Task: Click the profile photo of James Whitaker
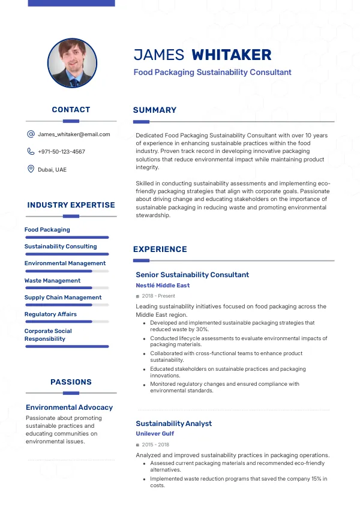coord(72,64)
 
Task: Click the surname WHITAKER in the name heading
coord(231,55)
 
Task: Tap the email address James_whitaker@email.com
coord(74,134)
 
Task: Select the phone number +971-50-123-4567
coord(61,152)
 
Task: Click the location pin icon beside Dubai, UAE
coord(31,169)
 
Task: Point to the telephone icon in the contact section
coord(31,152)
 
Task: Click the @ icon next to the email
coord(31,134)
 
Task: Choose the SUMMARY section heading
coord(155,110)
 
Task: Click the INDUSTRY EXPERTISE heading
coord(71,205)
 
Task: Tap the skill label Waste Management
coord(52,281)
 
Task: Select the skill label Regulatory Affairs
coord(50,314)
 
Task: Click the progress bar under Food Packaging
coord(67,238)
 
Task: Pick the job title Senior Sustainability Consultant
coord(192,275)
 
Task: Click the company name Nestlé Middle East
coord(163,286)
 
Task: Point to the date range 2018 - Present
coord(158,296)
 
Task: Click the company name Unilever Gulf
coord(155,434)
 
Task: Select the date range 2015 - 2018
coord(155,445)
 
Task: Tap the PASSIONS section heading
coord(71,382)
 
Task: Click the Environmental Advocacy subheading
coord(69,407)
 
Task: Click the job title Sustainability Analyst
coord(173,424)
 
